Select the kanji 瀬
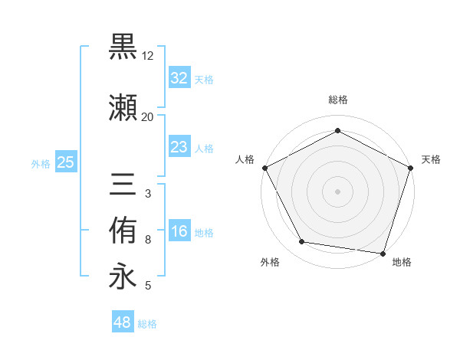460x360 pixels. pyautogui.click(x=123, y=107)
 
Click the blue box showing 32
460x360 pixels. pyautogui.click(x=179, y=77)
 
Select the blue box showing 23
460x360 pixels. pyautogui.click(x=179, y=146)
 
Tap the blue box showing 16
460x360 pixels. pyautogui.click(x=179, y=231)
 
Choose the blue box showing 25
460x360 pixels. pyautogui.click(x=65, y=162)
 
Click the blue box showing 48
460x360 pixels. pyautogui.click(x=123, y=322)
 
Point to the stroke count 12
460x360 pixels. pyautogui.click(x=147, y=56)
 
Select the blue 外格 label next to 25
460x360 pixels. pyautogui.click(x=41, y=163)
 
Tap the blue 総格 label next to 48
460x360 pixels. pyautogui.click(x=147, y=324)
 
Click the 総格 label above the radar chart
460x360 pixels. pyautogui.click(x=337, y=100)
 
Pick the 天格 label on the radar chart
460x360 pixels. pyautogui.click(x=432, y=159)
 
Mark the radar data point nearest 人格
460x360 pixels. pyautogui.click(x=264, y=167)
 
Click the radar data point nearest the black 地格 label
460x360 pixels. pyautogui.click(x=383, y=253)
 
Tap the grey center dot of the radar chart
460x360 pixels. pyautogui.click(x=337, y=191)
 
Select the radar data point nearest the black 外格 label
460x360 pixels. pyautogui.click(x=302, y=242)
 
